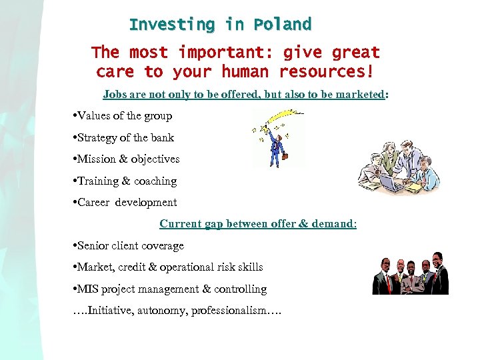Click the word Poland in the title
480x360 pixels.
[x=282, y=25]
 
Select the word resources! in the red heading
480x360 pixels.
[x=326, y=71]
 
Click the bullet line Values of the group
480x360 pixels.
[x=124, y=116]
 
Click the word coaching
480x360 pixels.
[x=155, y=181]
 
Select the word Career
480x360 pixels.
[x=94, y=203]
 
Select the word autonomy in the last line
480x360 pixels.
[x=163, y=311]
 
